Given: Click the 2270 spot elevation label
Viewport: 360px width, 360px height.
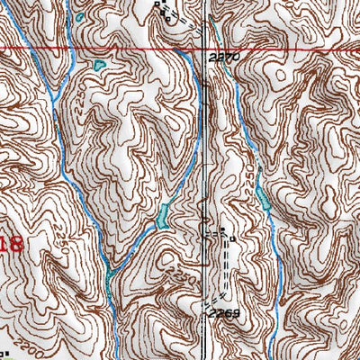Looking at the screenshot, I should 225,56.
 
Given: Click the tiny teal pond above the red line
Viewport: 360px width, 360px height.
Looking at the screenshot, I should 79,17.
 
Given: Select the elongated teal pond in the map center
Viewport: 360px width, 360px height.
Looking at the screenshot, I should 163,214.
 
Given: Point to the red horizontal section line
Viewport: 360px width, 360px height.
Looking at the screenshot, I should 108,47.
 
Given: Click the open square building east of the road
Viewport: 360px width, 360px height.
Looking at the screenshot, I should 232,239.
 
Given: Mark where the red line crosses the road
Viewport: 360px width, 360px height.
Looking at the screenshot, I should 209,47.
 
